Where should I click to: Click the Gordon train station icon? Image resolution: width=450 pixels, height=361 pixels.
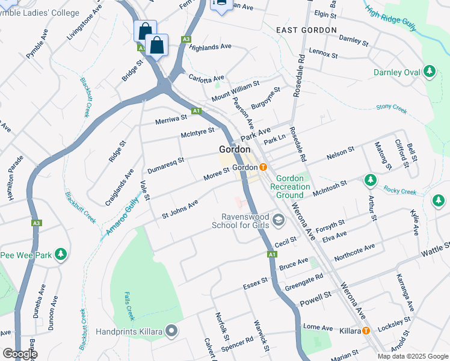point(263,167)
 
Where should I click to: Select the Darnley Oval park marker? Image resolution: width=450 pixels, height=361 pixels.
point(429,72)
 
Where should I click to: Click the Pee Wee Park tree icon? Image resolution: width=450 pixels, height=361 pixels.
point(60,255)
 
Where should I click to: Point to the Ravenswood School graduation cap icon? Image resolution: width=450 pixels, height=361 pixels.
point(278,220)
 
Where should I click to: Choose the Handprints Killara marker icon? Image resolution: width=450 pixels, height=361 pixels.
point(172,331)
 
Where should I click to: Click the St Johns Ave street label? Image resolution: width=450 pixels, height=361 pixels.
point(180,209)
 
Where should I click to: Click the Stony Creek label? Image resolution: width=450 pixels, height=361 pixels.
point(392,108)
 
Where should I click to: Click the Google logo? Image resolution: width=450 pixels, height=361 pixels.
point(19,354)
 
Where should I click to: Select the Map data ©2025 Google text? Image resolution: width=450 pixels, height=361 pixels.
point(412,356)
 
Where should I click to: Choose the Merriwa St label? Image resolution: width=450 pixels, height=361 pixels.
point(171,119)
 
